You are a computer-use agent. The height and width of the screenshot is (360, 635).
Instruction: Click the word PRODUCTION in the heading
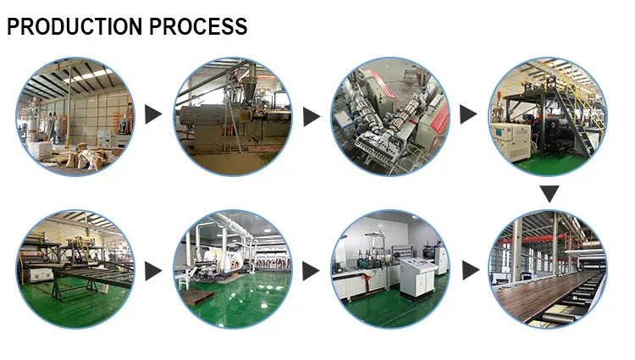(75, 27)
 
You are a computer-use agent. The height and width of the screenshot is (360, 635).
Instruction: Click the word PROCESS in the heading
(198, 27)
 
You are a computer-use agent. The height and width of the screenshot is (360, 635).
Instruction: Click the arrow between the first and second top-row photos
(153, 114)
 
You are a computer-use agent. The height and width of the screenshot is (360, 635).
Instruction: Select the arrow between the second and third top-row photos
(312, 117)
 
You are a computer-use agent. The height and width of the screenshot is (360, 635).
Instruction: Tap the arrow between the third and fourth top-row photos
(468, 114)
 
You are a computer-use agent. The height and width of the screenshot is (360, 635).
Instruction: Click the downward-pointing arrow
(549, 194)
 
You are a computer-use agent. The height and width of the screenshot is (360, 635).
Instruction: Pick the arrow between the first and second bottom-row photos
(153, 271)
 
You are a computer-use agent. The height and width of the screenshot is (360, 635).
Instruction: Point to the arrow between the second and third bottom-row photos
(311, 271)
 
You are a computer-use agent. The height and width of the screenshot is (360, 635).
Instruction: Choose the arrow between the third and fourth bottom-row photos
(471, 269)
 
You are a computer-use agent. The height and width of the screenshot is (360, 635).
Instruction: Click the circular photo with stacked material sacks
(75, 117)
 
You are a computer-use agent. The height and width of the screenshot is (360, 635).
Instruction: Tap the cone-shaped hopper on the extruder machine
(249, 90)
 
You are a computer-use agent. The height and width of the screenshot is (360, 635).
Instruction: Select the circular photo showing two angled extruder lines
(390, 117)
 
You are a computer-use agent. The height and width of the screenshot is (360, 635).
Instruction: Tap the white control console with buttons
(418, 279)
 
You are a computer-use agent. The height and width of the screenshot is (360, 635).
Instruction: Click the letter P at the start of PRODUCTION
(14, 27)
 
